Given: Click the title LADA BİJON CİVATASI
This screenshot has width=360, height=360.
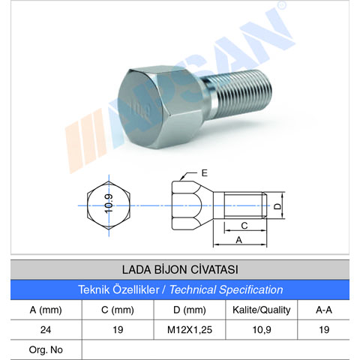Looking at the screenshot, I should pyautogui.click(x=179, y=269).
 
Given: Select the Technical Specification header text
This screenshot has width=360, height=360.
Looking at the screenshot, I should pyautogui.click(x=180, y=289).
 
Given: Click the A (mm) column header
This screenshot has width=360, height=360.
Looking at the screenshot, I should pyautogui.click(x=45, y=309).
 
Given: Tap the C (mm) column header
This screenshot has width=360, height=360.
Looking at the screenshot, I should pyautogui.click(x=116, y=309).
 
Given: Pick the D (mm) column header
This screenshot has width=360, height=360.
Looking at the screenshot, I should pyautogui.click(x=188, y=309).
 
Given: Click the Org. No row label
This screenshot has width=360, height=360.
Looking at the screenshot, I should pyautogui.click(x=44, y=349).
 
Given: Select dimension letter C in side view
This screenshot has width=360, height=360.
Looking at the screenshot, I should pyautogui.click(x=244, y=224).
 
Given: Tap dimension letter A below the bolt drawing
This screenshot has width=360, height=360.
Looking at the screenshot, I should pyautogui.click(x=239, y=240).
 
